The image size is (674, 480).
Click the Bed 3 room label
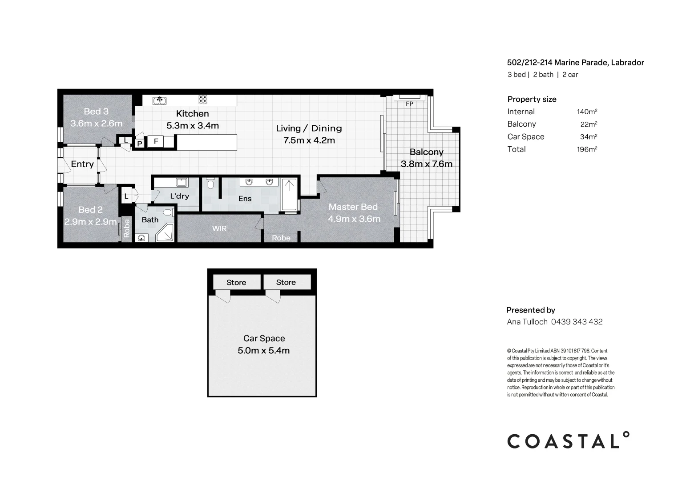[x=96, y=112]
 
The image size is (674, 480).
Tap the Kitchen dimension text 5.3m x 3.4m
[x=193, y=126]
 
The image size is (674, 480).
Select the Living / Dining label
[x=309, y=128]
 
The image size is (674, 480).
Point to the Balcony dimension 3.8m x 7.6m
[x=426, y=164]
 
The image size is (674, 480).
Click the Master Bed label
[x=353, y=207]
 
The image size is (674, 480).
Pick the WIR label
[x=219, y=228]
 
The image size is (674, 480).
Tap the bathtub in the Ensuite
[x=289, y=195]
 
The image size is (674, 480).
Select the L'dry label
[x=179, y=196]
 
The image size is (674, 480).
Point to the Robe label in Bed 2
[x=126, y=228]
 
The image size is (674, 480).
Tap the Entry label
[x=82, y=164]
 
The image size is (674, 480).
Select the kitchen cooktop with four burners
[x=203, y=100]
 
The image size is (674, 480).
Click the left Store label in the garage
[x=236, y=282]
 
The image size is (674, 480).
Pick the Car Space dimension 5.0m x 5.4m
[x=263, y=351]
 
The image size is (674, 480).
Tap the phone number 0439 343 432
[x=577, y=322]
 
